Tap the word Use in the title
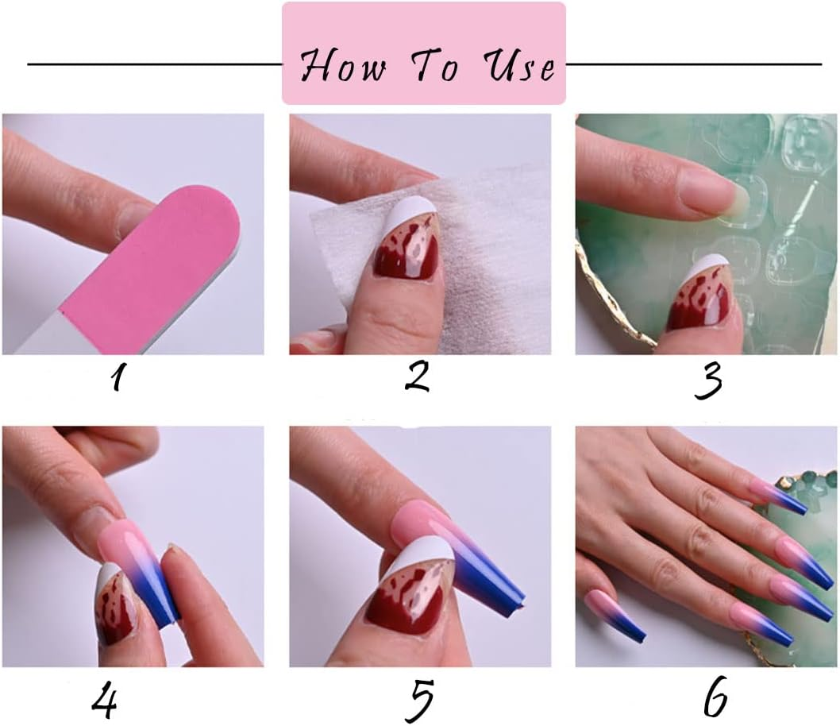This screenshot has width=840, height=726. [x=521, y=65]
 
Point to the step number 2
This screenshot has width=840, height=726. [x=418, y=374]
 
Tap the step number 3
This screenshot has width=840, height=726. [x=707, y=378]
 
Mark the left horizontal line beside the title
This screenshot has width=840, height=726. [x=155, y=64]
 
